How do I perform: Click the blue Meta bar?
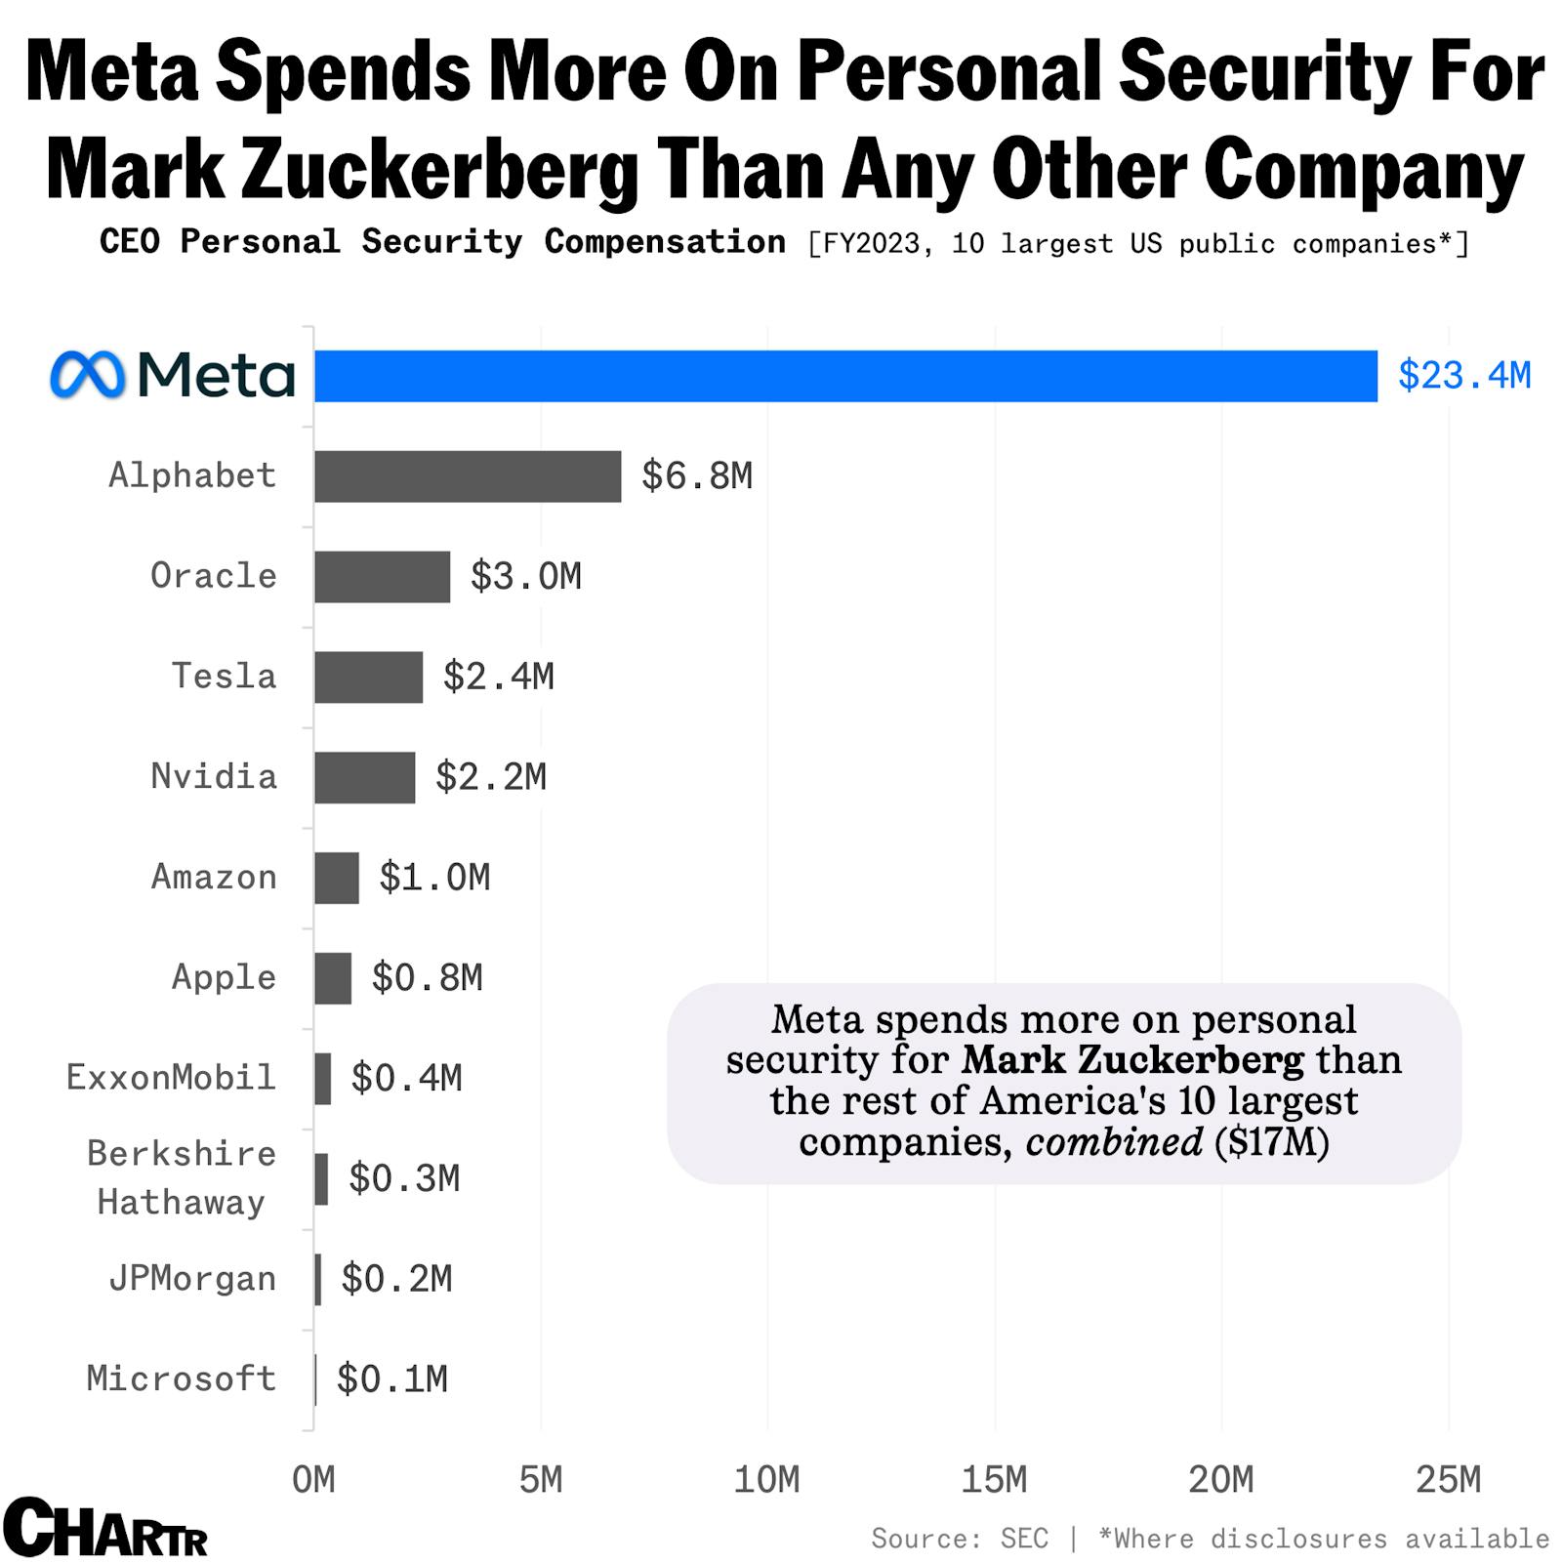tap(844, 376)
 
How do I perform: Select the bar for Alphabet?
tap(467, 476)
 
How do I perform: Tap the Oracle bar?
tap(382, 577)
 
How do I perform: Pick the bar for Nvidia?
tap(364, 778)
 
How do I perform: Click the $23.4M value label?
tap(1463, 376)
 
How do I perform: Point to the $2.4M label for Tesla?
tap(498, 677)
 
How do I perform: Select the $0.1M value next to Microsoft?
tap(391, 1379)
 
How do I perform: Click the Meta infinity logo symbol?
tap(88, 375)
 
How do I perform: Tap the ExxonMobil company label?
tap(171, 1078)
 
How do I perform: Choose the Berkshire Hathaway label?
tap(181, 1178)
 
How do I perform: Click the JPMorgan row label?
tap(192, 1279)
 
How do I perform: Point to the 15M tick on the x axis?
tap(994, 1480)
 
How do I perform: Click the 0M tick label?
tap(313, 1480)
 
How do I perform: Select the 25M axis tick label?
tap(1448, 1480)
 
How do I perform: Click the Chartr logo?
tap(104, 1528)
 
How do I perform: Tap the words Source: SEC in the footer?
tap(959, 1540)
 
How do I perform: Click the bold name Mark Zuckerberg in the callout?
tap(1131, 1060)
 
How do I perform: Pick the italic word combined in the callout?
tap(1113, 1141)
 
